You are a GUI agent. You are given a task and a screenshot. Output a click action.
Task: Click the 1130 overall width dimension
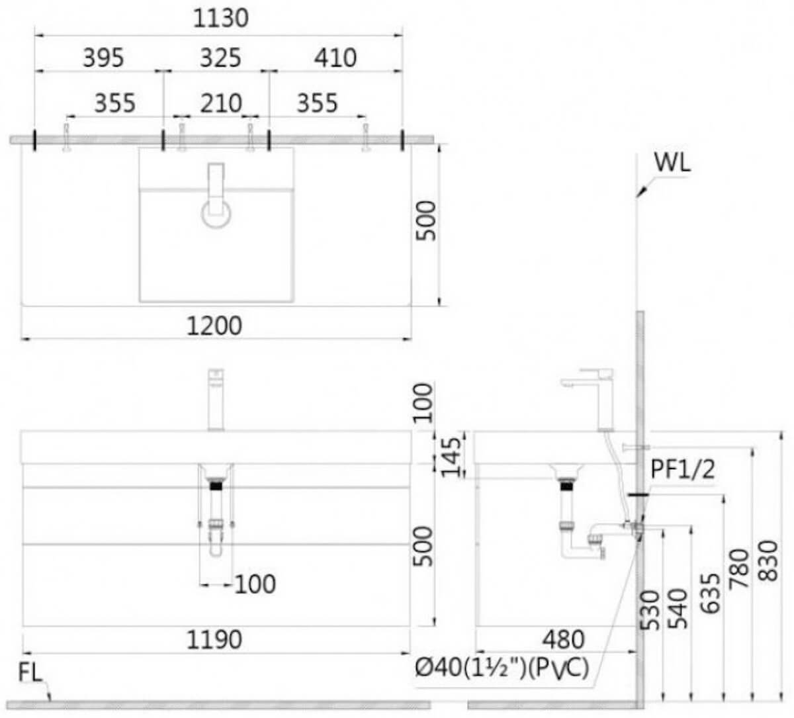tap(220, 19)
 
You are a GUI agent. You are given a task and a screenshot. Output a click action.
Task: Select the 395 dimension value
tap(103, 58)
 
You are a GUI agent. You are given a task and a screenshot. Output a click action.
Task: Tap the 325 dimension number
tap(220, 58)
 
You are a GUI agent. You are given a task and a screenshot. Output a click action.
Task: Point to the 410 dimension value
tap(335, 58)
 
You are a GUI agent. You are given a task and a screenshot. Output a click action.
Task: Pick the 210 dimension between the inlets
tap(221, 103)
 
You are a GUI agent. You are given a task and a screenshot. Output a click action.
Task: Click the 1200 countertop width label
tap(214, 326)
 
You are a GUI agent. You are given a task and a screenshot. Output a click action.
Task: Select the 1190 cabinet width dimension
tap(214, 640)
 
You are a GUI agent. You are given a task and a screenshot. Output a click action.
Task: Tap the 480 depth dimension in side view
tap(563, 640)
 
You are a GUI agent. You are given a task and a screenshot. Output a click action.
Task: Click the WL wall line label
tap(672, 162)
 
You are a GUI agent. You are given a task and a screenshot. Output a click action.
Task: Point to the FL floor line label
tap(30, 673)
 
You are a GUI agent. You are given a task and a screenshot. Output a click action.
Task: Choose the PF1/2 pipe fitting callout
tap(683, 470)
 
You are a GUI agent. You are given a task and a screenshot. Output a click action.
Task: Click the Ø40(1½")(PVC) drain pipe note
tap(502, 668)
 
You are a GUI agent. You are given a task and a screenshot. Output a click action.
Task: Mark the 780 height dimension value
tap(739, 568)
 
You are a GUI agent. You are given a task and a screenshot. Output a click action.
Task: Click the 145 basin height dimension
tap(451, 457)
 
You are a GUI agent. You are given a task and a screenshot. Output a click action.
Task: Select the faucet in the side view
tap(588, 400)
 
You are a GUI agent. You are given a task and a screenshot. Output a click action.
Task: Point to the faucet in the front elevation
tap(216, 400)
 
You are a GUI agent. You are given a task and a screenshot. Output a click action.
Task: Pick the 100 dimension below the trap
tap(255, 584)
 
